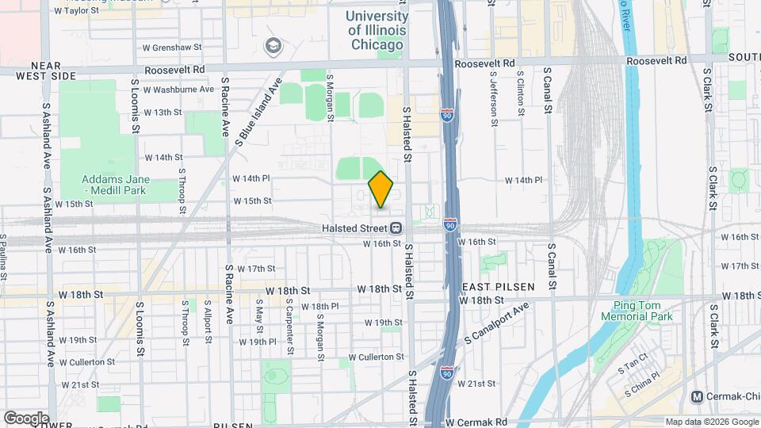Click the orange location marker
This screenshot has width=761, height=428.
point(380,189)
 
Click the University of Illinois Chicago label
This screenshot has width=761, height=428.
point(377,30)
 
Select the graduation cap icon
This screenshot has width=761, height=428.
point(274,46)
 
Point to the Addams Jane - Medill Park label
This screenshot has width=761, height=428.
point(117,185)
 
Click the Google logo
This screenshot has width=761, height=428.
point(26,418)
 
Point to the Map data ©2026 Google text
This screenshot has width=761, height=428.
point(711,422)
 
